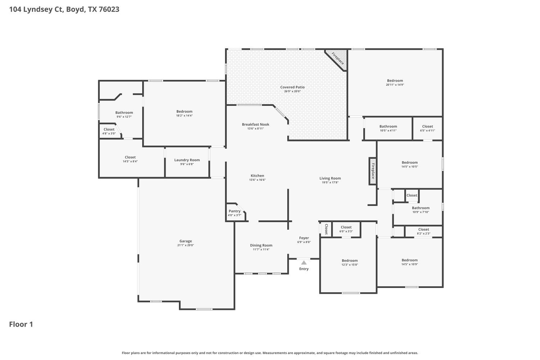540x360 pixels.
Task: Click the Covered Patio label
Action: click(292, 87)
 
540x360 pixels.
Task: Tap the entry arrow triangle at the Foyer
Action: click(304, 262)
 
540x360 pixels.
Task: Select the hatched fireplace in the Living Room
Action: click(373, 171)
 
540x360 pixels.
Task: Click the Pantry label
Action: click(234, 211)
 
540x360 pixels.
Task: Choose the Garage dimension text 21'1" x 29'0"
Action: click(186, 245)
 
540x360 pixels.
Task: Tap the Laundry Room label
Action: click(187, 160)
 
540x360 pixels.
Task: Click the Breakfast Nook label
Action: click(256, 125)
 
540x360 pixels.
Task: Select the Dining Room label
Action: click(261, 246)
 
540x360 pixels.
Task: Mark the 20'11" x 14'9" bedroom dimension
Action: click(395, 85)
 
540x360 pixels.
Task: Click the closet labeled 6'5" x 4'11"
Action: click(427, 128)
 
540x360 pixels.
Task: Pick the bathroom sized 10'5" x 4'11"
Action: click(388, 128)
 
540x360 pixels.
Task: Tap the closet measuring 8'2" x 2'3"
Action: click(423, 231)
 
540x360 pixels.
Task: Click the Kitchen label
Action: click(257, 176)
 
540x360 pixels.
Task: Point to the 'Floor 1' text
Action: click(21, 324)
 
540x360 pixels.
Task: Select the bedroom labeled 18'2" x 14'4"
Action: click(184, 113)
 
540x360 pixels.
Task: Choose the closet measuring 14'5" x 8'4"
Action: click(130, 159)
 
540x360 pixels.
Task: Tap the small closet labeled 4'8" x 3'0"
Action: click(109, 131)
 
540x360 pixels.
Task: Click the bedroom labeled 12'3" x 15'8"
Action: click(350, 262)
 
